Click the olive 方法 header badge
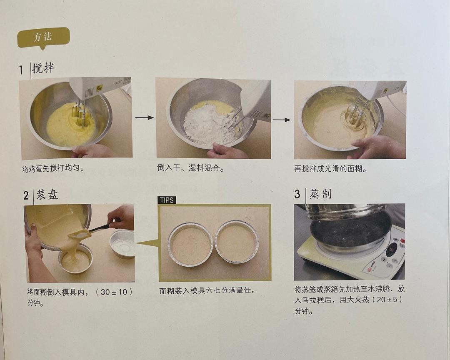click(43, 37)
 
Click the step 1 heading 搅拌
click(43, 68)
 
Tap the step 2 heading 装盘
click(47, 194)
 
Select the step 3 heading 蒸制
click(320, 194)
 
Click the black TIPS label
click(167, 200)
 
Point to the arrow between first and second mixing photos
click(144, 118)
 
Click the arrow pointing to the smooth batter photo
click(282, 120)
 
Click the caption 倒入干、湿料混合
click(191, 168)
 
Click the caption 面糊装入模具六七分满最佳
click(207, 290)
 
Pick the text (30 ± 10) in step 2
click(114, 292)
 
